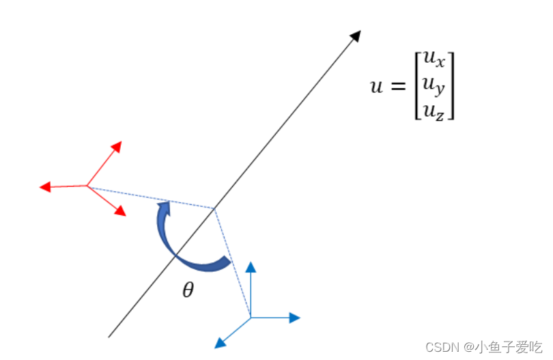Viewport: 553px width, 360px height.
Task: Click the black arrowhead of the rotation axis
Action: coord(355,36)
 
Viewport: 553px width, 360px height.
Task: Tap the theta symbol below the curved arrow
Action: coord(188,290)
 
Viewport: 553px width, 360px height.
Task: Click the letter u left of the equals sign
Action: coord(376,87)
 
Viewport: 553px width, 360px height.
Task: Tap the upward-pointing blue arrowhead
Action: coord(251,267)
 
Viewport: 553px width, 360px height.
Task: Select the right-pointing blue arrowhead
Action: coord(294,317)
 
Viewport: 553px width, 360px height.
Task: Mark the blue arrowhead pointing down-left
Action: coord(220,342)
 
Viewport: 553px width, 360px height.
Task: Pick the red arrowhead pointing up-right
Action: coord(117,146)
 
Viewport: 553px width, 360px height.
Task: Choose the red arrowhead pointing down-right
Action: coord(120,211)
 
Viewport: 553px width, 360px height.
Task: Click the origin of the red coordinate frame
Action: coord(87,185)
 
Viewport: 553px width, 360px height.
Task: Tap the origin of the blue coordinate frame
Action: coord(251,317)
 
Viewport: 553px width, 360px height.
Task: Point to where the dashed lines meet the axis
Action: coord(214,208)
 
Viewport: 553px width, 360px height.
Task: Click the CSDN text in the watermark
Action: coord(441,347)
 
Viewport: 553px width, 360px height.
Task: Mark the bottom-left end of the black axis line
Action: coord(109,336)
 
